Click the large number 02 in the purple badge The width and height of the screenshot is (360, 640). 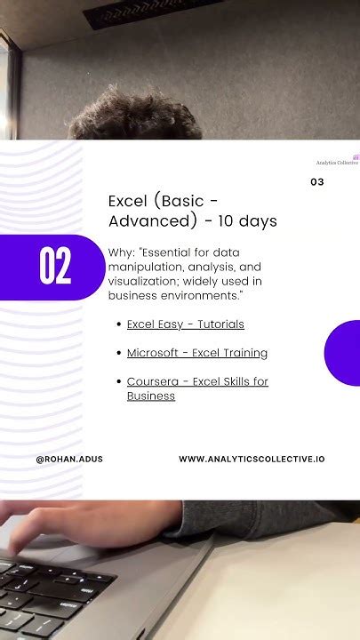tap(55, 267)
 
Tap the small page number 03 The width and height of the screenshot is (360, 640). tap(317, 182)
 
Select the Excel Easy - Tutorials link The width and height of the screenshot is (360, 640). tap(186, 324)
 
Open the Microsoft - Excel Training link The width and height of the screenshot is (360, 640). tap(197, 353)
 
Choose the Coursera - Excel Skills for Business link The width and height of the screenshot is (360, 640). tap(197, 388)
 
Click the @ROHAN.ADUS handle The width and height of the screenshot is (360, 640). tap(69, 459)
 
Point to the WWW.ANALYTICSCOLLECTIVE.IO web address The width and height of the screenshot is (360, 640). tap(252, 459)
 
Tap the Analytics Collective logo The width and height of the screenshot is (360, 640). tap(339, 159)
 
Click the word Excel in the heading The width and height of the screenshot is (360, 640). tap(128, 201)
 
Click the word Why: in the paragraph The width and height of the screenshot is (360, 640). tap(122, 252)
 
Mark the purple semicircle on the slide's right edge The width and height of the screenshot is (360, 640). tap(344, 353)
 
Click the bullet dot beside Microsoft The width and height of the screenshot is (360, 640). tap(118, 353)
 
